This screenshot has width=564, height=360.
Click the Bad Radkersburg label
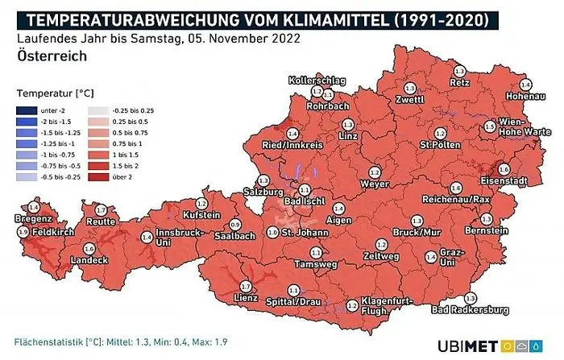pyautogui.click(x=469, y=310)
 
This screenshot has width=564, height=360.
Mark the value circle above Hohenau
pyautogui.click(x=525, y=85)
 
